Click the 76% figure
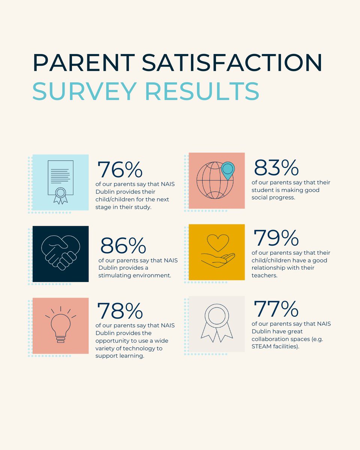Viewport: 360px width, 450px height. tap(120, 170)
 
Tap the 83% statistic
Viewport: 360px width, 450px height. tap(276, 168)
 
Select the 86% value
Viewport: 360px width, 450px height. tap(123, 246)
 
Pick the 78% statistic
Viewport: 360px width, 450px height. tap(120, 310)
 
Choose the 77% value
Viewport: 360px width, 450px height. tap(276, 309)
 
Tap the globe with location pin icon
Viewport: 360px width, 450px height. tap(217, 180)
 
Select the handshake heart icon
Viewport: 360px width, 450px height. tap(60, 253)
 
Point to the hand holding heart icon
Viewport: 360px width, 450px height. tap(217, 252)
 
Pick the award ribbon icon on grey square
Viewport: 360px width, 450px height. tap(217, 323)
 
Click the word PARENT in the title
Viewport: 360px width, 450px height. tap(83, 63)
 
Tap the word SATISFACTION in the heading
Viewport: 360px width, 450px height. tap(231, 63)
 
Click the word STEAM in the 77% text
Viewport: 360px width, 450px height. tap(261, 346)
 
